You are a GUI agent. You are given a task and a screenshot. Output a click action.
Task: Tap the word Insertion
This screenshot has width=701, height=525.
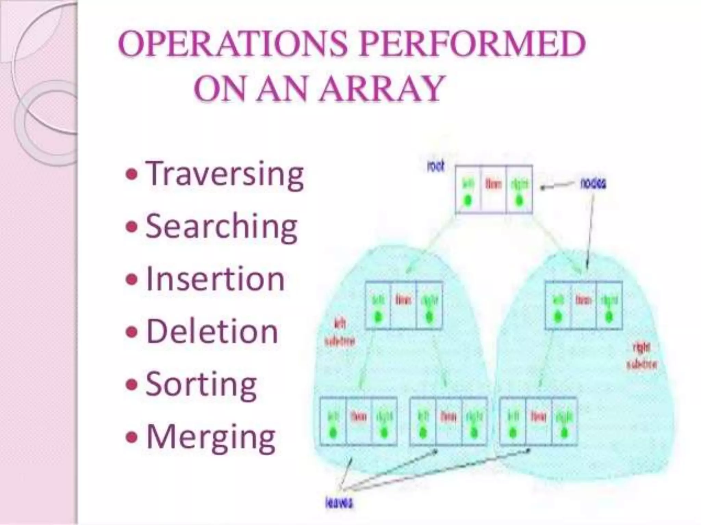[215, 279]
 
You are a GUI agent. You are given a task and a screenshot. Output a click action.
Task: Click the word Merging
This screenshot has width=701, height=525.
[211, 437]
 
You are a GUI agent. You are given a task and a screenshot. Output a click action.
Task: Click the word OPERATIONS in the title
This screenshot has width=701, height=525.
[233, 44]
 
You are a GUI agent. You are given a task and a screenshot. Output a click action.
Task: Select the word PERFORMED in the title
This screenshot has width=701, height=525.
[472, 44]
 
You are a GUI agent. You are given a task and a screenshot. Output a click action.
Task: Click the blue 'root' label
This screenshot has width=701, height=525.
[436, 167]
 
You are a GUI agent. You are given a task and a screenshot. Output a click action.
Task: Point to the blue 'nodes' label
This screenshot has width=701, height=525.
[593, 184]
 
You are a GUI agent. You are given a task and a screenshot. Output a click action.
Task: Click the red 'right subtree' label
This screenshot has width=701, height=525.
[641, 356]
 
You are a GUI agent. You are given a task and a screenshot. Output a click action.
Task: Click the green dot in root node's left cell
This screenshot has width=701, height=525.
[468, 200]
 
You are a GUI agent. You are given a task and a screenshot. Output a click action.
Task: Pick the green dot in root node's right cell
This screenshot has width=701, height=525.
[519, 200]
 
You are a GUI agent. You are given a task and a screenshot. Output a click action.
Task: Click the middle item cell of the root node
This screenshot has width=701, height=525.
[493, 189]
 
